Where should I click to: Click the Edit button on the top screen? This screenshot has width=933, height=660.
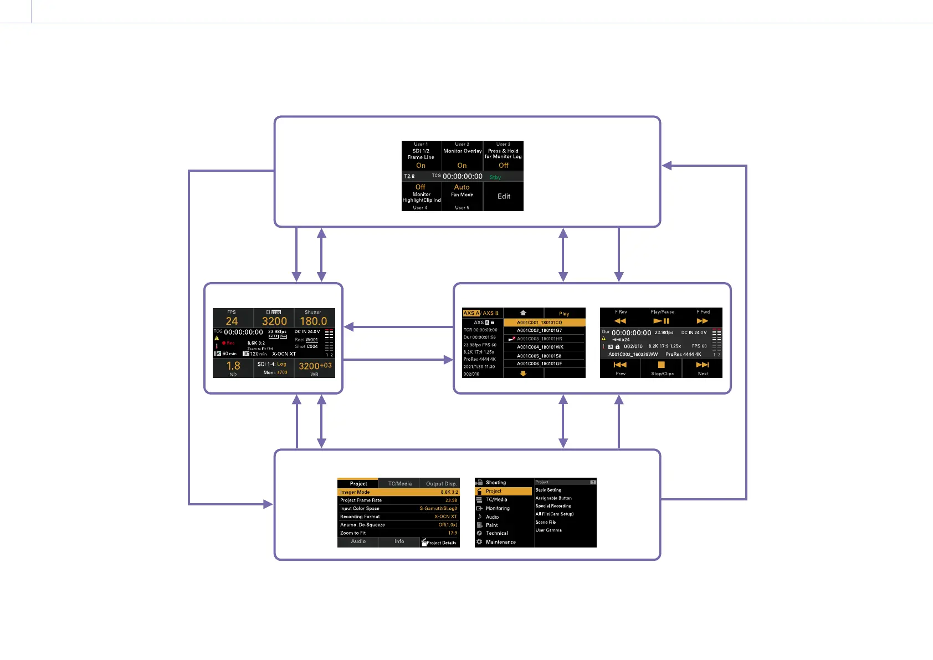pyautogui.click(x=504, y=196)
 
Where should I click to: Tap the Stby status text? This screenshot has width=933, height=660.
pyautogui.click(x=495, y=177)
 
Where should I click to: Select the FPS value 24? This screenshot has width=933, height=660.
pyautogui.click(x=232, y=321)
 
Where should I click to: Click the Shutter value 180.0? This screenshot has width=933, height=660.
pyautogui.click(x=314, y=321)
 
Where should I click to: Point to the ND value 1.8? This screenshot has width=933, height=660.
pyautogui.click(x=233, y=366)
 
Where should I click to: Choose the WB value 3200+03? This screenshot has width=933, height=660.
pyautogui.click(x=315, y=366)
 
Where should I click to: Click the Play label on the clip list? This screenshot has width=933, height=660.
pyautogui.click(x=564, y=314)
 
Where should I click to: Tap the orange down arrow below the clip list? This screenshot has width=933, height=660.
pyautogui.click(x=523, y=374)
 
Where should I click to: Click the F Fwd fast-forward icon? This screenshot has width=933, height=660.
pyautogui.click(x=703, y=321)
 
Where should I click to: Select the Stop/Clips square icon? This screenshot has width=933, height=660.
pyautogui.click(x=661, y=365)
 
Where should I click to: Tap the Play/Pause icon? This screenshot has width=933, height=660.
pyautogui.click(x=662, y=321)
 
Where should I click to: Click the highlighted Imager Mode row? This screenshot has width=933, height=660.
pyautogui.click(x=398, y=492)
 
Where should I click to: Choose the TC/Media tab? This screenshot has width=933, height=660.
pyautogui.click(x=399, y=484)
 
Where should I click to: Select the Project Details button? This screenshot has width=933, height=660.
pyautogui.click(x=440, y=543)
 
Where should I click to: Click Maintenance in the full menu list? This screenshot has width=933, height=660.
pyautogui.click(x=500, y=542)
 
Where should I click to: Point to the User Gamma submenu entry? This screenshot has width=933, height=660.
pyautogui.click(x=548, y=530)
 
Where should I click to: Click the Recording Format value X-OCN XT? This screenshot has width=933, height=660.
pyautogui.click(x=445, y=516)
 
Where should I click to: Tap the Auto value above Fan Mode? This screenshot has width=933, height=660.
pyautogui.click(x=462, y=187)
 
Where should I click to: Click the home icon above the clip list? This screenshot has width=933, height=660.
pyautogui.click(x=523, y=313)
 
